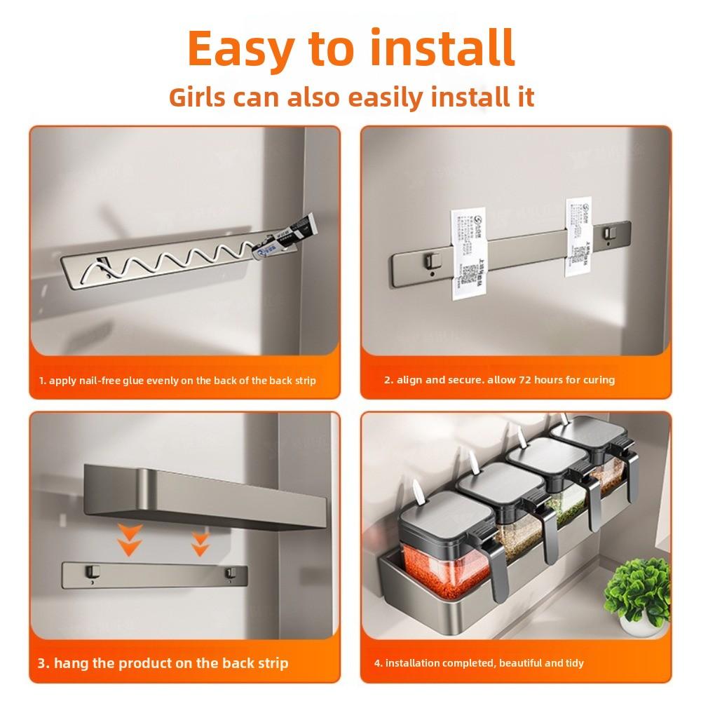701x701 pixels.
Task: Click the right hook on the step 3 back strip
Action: coord(228,574)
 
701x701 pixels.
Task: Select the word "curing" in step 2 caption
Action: coord(597,380)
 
